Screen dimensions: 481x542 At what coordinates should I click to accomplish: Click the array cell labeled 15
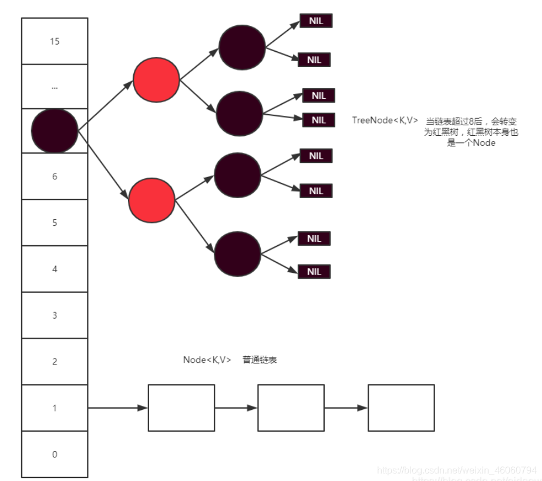[55, 41]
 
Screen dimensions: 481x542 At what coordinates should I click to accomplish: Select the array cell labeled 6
[55, 176]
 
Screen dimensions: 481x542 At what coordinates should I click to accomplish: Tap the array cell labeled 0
[55, 454]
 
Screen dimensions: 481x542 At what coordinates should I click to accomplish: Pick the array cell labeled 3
[55, 315]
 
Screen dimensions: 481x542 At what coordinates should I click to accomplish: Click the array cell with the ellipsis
[55, 87]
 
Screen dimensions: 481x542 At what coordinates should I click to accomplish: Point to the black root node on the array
[54, 131]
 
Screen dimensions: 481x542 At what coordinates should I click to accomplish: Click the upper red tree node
[156, 79]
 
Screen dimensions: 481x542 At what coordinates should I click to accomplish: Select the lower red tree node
[152, 200]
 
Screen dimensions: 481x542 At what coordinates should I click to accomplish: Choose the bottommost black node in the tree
[238, 253]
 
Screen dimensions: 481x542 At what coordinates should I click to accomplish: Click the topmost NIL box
[316, 21]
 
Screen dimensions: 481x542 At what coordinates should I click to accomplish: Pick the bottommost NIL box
[315, 272]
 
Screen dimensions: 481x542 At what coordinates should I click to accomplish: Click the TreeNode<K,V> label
[385, 121]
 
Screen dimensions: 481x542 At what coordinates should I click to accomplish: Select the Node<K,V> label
[207, 360]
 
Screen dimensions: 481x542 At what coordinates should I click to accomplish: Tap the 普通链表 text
[260, 360]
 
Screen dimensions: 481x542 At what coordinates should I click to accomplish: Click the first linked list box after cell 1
[181, 407]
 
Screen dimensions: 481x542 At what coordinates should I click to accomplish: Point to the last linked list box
[401, 407]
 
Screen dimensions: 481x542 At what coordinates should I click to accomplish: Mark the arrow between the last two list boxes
[346, 407]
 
